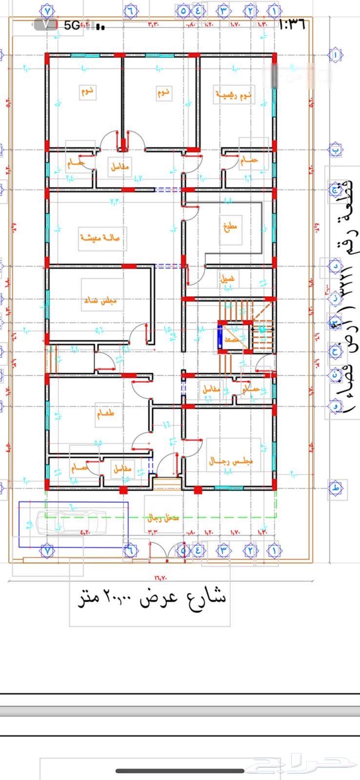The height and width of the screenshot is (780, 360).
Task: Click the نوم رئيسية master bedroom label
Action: click(x=233, y=95)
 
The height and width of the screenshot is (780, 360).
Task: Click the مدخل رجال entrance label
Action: click(x=163, y=518)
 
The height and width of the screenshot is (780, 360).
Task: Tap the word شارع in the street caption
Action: click(x=204, y=597)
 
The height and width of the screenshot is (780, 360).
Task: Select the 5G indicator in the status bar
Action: click(x=71, y=25)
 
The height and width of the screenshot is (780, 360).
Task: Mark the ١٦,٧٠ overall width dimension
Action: click(x=160, y=578)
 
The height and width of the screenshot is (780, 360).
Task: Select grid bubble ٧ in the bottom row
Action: click(x=47, y=550)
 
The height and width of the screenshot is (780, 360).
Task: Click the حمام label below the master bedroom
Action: click(x=248, y=160)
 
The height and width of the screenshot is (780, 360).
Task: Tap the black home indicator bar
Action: click(x=180, y=771)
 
